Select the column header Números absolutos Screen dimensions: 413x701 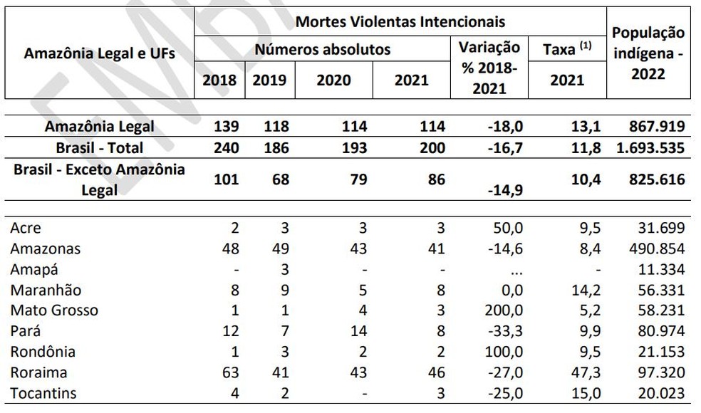tap(322, 50)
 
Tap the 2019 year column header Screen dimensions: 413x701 tap(269, 80)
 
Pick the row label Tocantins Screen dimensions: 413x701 tap(42, 393)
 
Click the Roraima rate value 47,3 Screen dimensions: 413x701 tap(587, 372)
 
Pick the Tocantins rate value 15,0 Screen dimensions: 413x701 tap(587, 393)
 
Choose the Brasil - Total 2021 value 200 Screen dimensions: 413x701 tap(432, 148)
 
